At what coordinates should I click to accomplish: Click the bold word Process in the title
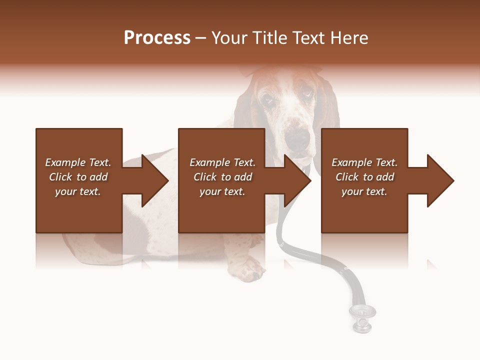157,38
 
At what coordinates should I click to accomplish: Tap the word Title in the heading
270,38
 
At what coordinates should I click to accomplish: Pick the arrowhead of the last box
440,180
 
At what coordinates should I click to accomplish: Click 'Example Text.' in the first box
78,162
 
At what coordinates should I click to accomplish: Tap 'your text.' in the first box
78,191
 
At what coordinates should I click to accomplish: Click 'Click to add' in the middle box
222,177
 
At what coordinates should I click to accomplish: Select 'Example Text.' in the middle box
222,162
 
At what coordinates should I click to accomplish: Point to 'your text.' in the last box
364,191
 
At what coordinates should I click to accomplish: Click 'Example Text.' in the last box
364,162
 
